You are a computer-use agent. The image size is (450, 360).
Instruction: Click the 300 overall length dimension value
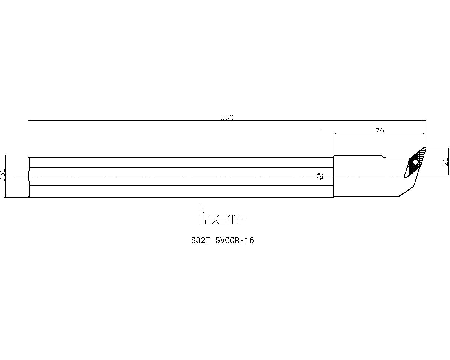click(x=227, y=118)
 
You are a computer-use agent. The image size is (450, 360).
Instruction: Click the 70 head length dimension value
click(x=379, y=131)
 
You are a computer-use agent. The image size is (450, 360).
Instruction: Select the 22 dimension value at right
click(x=445, y=161)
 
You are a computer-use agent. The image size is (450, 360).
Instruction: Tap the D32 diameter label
click(x=3, y=175)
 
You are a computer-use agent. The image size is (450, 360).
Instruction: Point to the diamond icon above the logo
click(x=202, y=208)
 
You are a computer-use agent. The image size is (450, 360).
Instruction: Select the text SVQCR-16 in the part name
click(x=235, y=240)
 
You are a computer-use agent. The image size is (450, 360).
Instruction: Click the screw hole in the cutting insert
click(x=415, y=162)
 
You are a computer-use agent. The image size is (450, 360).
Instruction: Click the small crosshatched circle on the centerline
click(x=320, y=176)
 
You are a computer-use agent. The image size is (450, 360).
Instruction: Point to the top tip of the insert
click(x=425, y=147)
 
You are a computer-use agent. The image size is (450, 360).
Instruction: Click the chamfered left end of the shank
click(x=29, y=177)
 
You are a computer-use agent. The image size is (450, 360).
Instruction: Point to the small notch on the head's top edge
click(x=383, y=156)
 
